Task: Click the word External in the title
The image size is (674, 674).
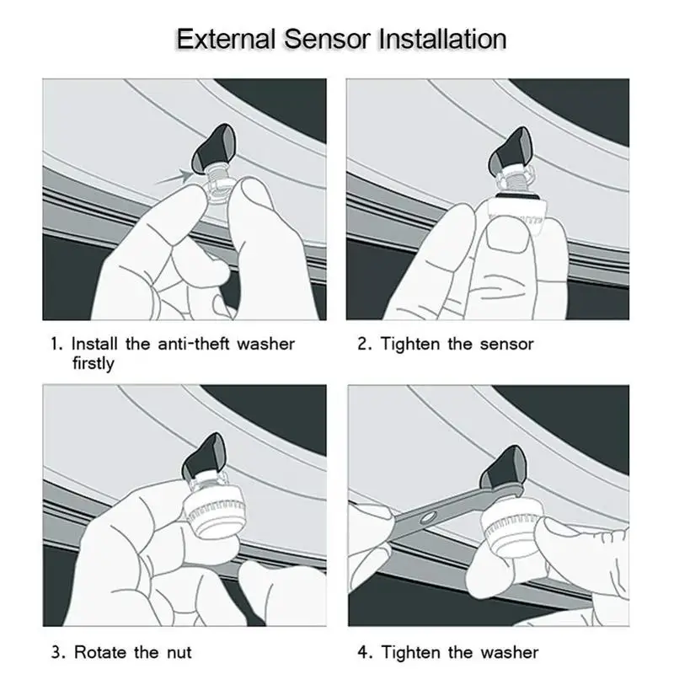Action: (x=226, y=39)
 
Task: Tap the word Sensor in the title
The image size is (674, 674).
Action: (x=327, y=39)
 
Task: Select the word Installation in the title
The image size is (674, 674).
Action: (x=442, y=39)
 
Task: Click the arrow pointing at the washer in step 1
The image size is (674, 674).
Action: (x=174, y=177)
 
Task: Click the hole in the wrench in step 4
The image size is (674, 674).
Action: (x=427, y=518)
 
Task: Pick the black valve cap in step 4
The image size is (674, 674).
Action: (x=503, y=468)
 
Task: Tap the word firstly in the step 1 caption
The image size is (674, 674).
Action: (x=94, y=363)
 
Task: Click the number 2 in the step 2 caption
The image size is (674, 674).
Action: (x=362, y=345)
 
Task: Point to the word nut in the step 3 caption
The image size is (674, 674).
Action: (x=179, y=653)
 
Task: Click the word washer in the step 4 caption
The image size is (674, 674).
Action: (x=510, y=652)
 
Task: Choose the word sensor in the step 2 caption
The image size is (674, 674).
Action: (x=507, y=345)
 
